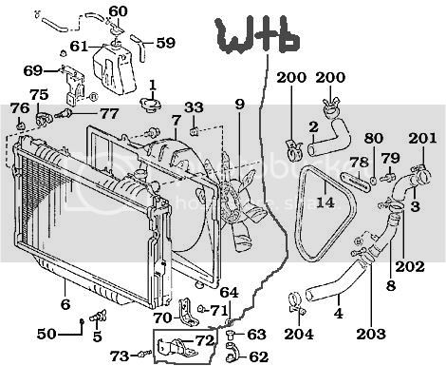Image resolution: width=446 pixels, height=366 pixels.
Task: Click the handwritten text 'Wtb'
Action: pos(257,36)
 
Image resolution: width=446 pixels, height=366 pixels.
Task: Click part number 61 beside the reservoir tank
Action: pos(79,47)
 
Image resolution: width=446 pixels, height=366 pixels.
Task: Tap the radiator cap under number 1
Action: pos(151,104)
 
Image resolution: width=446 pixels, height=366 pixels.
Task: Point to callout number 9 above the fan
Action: pos(240,105)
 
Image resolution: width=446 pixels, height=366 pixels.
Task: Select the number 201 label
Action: pos(422,138)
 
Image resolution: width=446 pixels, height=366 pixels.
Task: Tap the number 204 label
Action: pos(299,334)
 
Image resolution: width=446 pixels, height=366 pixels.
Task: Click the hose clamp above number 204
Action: pos(296,303)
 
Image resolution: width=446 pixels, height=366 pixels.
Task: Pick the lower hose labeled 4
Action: pos(335,283)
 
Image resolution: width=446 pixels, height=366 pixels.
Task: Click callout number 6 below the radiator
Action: pos(65,304)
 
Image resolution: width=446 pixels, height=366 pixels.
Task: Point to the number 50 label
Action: pos(46,334)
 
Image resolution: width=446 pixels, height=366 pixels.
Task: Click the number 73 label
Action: pos(120,356)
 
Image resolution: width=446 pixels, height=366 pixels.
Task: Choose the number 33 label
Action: pos(194,107)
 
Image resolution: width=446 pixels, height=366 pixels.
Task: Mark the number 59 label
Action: pos(166,43)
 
